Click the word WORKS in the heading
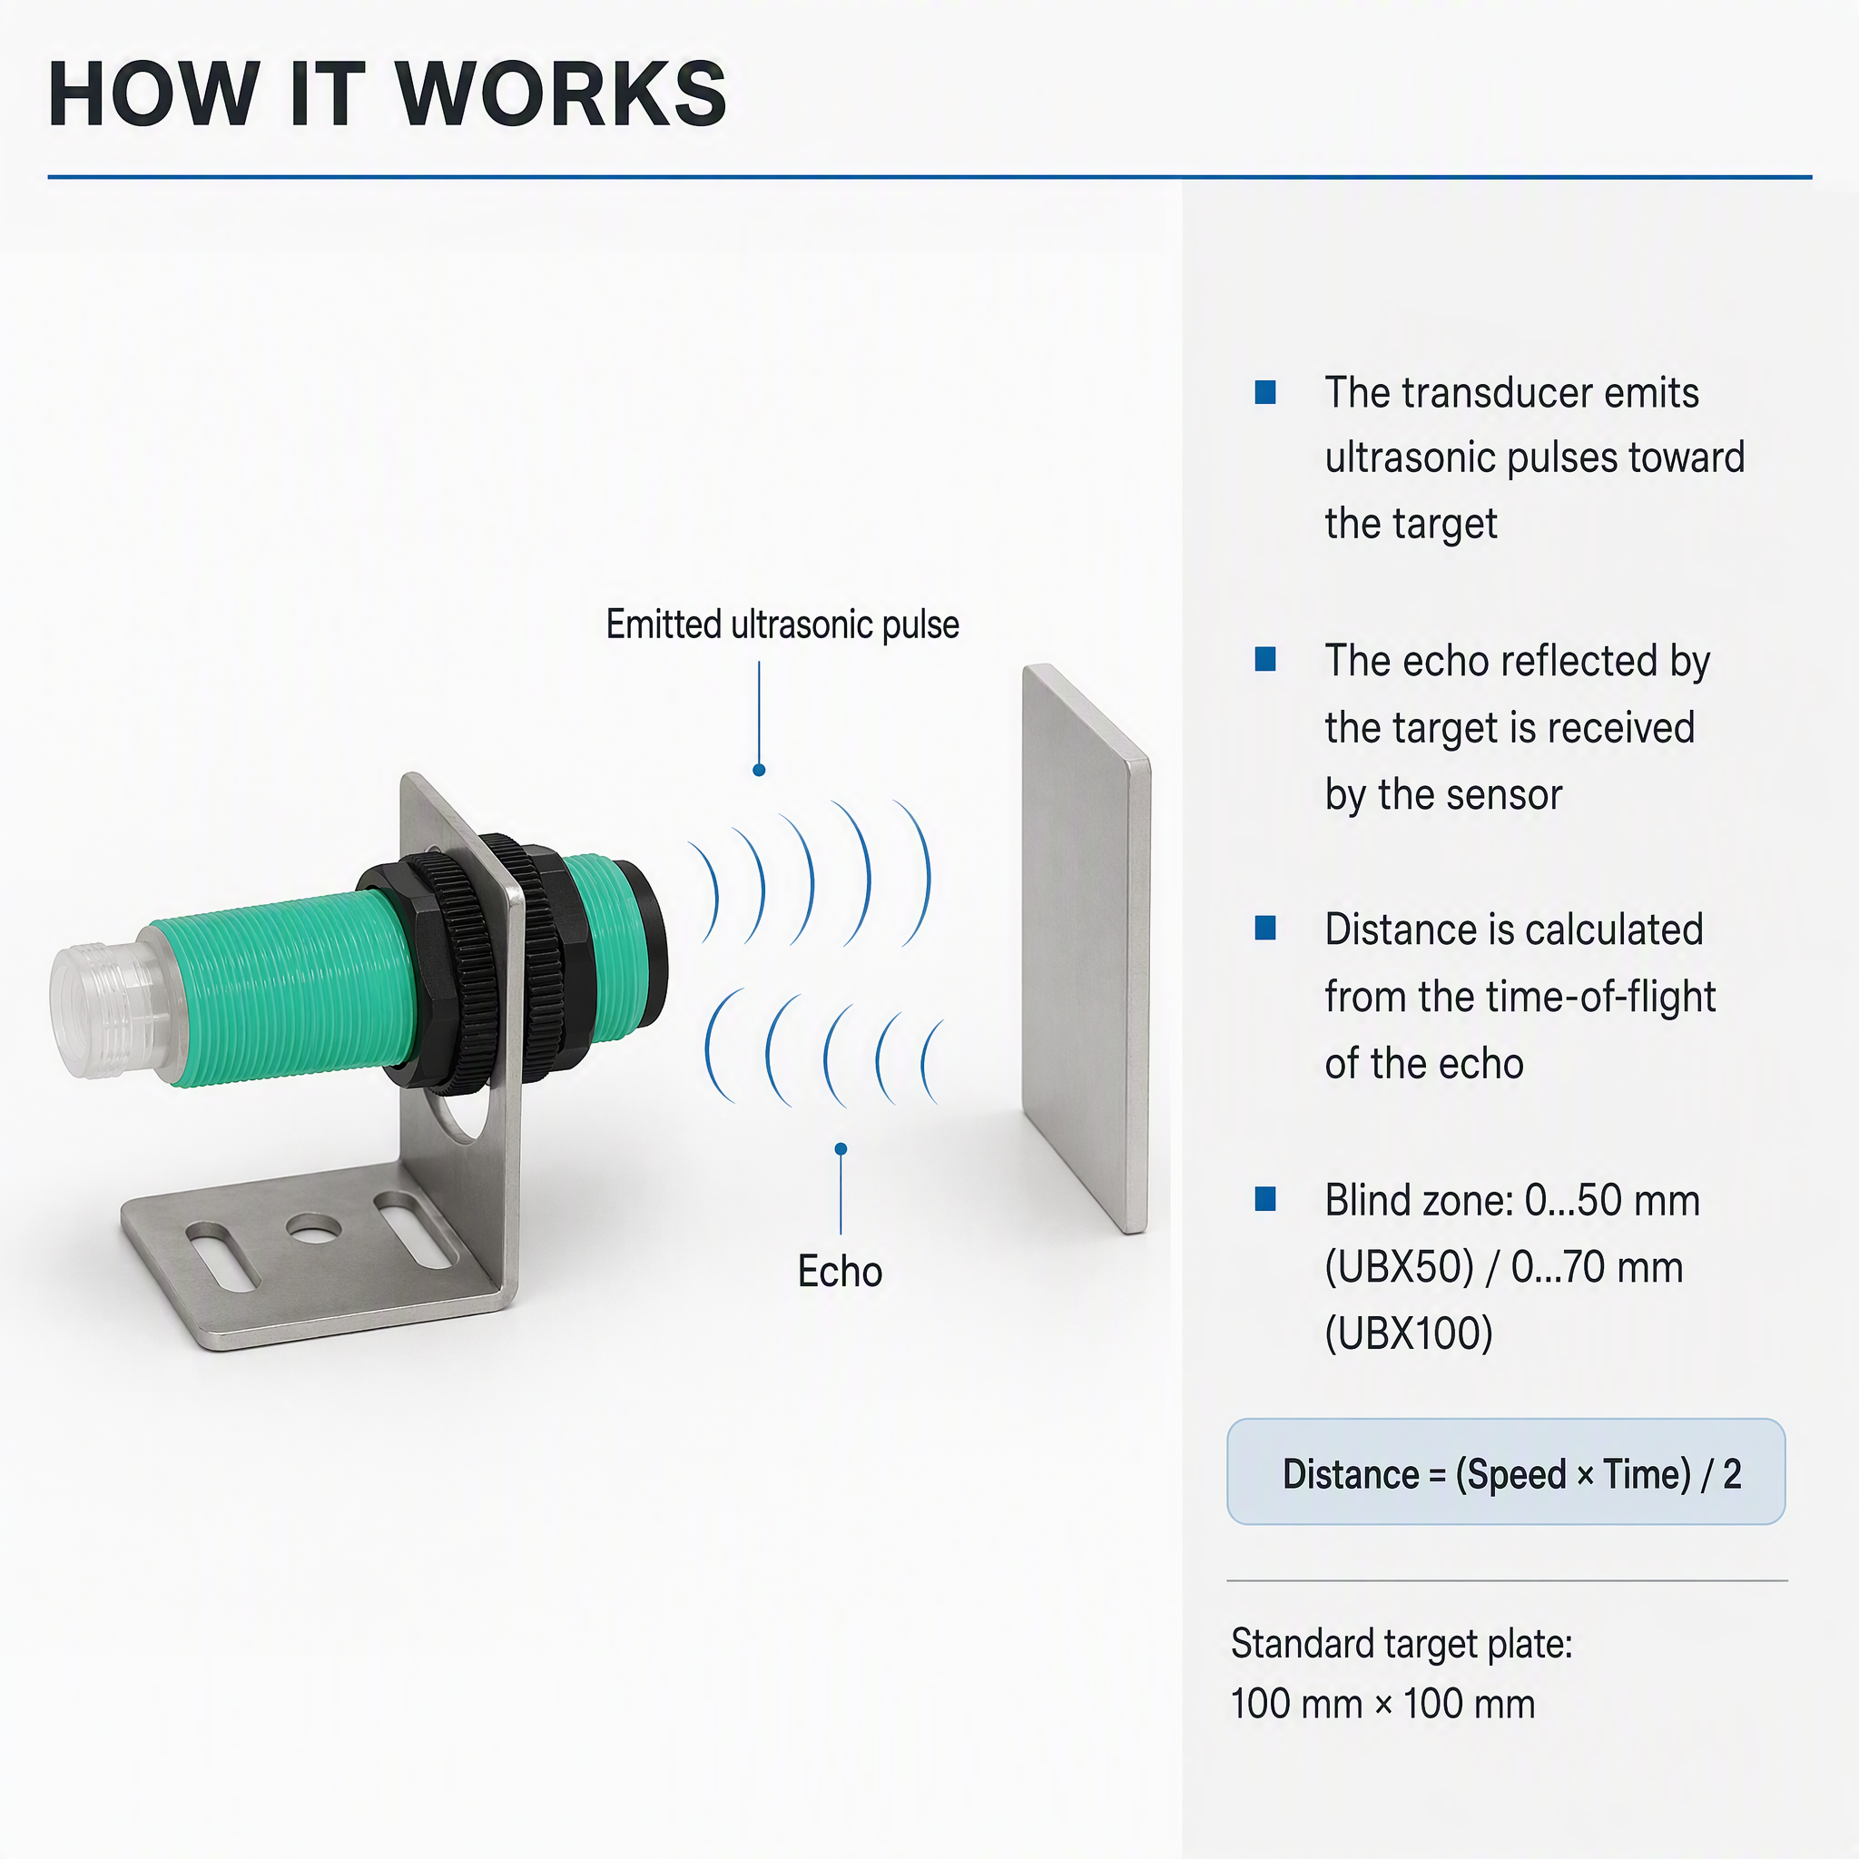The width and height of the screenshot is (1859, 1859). click(x=561, y=93)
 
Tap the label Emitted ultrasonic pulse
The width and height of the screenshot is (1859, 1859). click(x=782, y=625)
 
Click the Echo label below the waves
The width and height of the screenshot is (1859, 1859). click(x=840, y=1271)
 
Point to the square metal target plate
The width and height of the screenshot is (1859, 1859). click(x=1087, y=948)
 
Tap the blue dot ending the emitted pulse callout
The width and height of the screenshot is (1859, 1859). click(x=759, y=770)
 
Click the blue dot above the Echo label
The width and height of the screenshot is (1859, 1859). click(x=841, y=1149)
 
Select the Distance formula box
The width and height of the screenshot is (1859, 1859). click(x=1506, y=1472)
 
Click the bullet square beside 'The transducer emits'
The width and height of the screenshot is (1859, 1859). click(x=1265, y=392)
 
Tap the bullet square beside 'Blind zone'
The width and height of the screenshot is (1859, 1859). click(x=1265, y=1199)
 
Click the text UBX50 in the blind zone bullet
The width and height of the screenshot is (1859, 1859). click(x=1399, y=1267)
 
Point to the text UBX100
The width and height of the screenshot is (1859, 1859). click(x=1409, y=1333)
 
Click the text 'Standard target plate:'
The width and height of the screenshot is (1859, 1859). click(x=1401, y=1645)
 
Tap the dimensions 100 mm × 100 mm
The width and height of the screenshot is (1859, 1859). click(x=1382, y=1704)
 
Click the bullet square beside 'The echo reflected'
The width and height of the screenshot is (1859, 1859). click(x=1265, y=659)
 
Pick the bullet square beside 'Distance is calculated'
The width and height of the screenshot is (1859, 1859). click(x=1265, y=929)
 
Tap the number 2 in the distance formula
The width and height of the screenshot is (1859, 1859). click(x=1732, y=1474)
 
